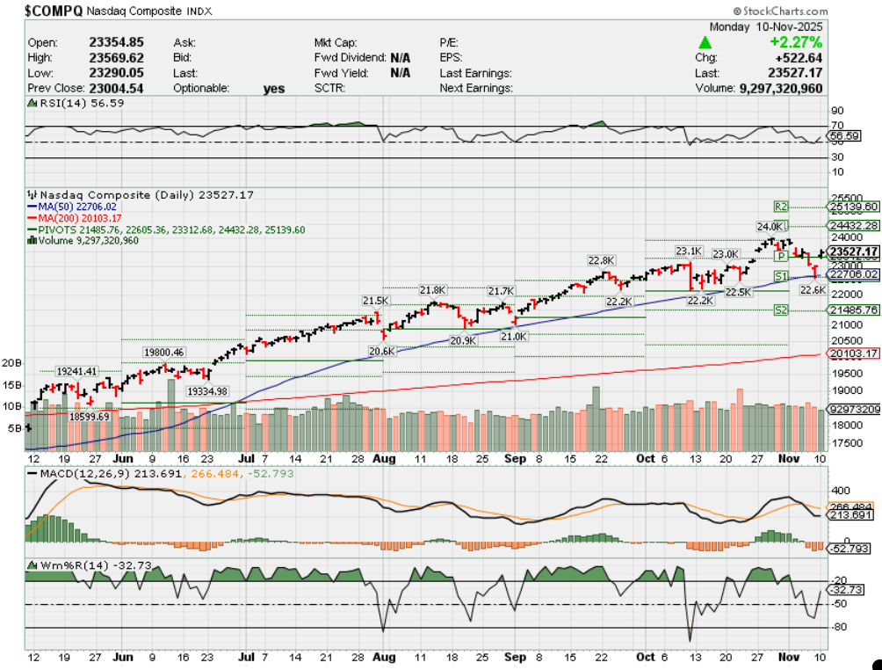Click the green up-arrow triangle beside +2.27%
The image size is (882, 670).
click(x=705, y=42)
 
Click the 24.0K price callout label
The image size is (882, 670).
click(x=770, y=226)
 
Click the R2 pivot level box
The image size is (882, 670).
click(x=781, y=206)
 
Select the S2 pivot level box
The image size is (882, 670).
click(x=781, y=310)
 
